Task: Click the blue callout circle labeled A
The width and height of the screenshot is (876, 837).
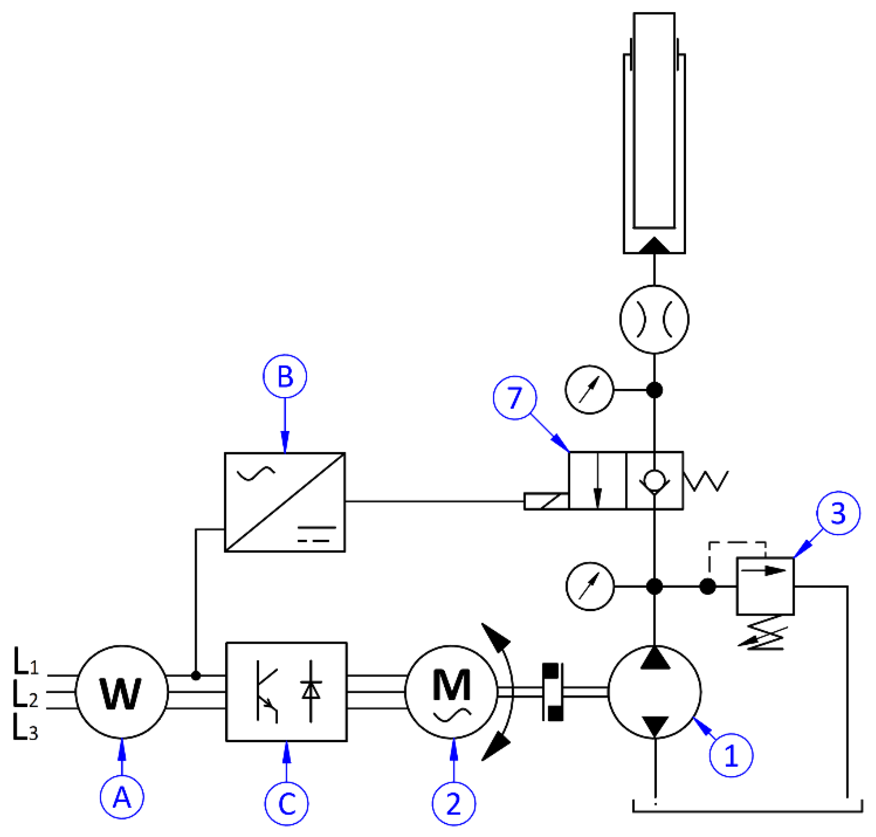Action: (x=122, y=797)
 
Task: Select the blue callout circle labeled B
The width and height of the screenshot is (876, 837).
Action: (x=285, y=376)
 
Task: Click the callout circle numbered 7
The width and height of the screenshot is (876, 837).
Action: (x=515, y=397)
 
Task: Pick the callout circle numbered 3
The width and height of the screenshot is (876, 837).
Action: (x=838, y=513)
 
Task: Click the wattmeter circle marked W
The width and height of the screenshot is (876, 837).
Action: (x=122, y=692)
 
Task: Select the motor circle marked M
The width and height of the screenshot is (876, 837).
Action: (x=451, y=692)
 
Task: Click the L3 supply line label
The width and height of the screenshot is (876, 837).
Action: (x=25, y=728)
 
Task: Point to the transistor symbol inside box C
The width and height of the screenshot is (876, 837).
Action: (x=266, y=692)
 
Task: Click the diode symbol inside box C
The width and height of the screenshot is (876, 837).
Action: (x=310, y=691)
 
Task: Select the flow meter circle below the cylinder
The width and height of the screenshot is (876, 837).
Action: (x=654, y=319)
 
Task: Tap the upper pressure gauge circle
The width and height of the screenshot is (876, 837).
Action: (x=589, y=390)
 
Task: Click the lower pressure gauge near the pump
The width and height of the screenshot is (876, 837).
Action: (x=590, y=586)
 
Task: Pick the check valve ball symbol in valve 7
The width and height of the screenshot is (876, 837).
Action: (x=654, y=480)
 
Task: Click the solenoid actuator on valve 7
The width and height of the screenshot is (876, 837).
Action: (x=546, y=501)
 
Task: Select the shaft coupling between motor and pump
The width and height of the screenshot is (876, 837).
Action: (x=552, y=692)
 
